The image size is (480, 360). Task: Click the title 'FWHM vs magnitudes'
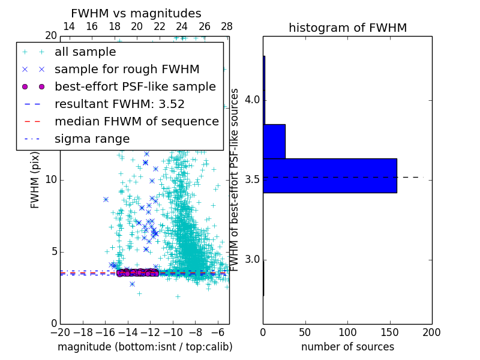(x=136, y=13)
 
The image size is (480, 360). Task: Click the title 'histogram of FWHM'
(x=347, y=28)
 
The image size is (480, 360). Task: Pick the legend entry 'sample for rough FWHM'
(x=127, y=69)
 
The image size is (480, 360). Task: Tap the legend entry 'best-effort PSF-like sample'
(x=135, y=86)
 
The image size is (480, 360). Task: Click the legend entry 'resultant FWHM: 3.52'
(x=119, y=104)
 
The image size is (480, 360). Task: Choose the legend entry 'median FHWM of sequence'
(x=136, y=121)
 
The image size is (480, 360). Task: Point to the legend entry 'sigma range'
(x=92, y=139)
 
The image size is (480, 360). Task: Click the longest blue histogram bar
(x=330, y=175)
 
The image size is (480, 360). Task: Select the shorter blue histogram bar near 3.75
(x=274, y=141)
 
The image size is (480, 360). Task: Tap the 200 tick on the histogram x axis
(x=431, y=332)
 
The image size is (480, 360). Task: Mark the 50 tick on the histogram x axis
(x=305, y=332)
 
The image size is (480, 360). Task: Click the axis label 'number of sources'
(x=347, y=347)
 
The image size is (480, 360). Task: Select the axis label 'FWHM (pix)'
(x=35, y=180)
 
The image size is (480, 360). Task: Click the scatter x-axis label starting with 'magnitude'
(x=145, y=347)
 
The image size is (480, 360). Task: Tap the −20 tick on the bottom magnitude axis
(x=60, y=332)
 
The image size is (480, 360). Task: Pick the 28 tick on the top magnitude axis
(x=227, y=26)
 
